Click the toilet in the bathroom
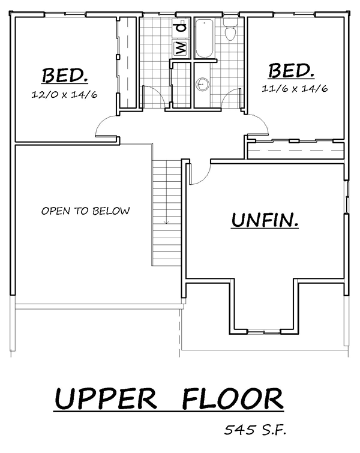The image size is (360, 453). click(x=230, y=29)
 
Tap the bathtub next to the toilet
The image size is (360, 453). click(x=204, y=38)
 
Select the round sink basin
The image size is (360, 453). click(x=202, y=85)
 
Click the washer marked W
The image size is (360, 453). click(x=181, y=47)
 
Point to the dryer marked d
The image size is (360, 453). click(x=181, y=28)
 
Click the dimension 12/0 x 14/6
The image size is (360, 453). click(x=64, y=94)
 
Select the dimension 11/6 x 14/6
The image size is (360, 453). click(x=295, y=88)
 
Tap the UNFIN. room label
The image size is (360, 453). click(x=265, y=220)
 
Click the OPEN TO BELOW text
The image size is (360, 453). click(x=86, y=211)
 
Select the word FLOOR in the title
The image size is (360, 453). click(x=233, y=398)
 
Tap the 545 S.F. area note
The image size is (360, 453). click(x=256, y=430)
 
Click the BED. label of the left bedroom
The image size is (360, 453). click(x=65, y=76)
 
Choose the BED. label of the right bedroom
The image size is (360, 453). click(x=291, y=70)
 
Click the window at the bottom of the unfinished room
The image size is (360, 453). click(x=264, y=332)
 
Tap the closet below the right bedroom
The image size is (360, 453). click(x=296, y=150)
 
